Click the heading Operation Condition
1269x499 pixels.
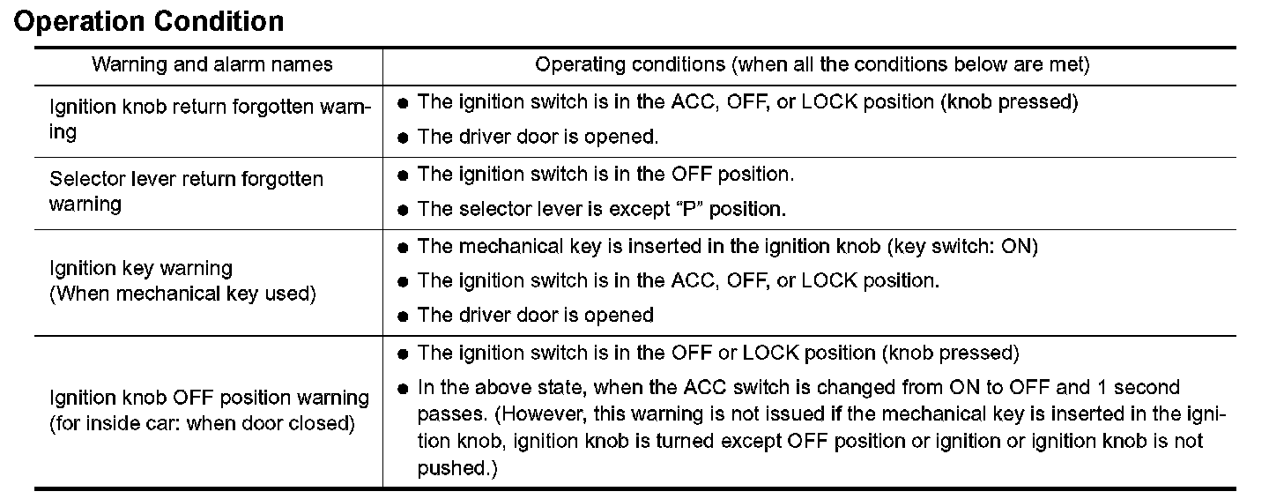point(149,21)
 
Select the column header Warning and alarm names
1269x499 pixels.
point(212,64)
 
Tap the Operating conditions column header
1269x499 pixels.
point(813,64)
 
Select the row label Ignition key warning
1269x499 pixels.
point(141,268)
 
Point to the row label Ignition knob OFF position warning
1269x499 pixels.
point(210,398)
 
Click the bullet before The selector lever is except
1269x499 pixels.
point(403,211)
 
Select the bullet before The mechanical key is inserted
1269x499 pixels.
point(403,248)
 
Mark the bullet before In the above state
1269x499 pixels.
point(403,389)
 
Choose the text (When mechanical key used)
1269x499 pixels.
point(182,294)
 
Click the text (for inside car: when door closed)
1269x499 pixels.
point(202,423)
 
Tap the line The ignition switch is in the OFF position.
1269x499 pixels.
point(605,174)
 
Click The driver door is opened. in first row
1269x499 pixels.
point(538,137)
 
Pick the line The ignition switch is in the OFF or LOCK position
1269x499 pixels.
point(718,354)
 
